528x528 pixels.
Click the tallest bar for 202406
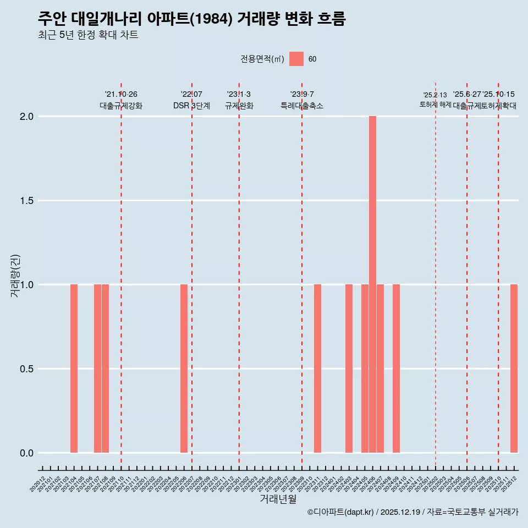tap(372, 284)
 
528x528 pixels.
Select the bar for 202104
tap(74, 369)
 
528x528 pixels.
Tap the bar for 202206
tap(184, 369)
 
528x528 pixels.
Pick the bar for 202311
tap(317, 369)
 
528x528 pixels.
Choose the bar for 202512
tap(514, 369)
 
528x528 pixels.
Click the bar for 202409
tap(396, 369)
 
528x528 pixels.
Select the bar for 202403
tap(349, 369)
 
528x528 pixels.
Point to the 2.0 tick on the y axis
tap(27, 117)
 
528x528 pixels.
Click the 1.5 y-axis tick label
tap(27, 201)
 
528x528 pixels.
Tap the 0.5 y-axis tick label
tap(27, 369)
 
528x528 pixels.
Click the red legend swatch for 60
tap(296, 59)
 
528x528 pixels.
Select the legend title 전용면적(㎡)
tap(262, 59)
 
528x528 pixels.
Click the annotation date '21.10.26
tap(121, 95)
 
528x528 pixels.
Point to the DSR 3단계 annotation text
tap(191, 106)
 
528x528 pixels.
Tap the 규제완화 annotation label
tap(239, 106)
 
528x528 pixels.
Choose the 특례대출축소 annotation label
tap(302, 106)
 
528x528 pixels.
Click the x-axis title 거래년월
tap(278, 499)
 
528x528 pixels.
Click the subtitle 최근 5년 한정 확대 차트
tap(88, 35)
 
